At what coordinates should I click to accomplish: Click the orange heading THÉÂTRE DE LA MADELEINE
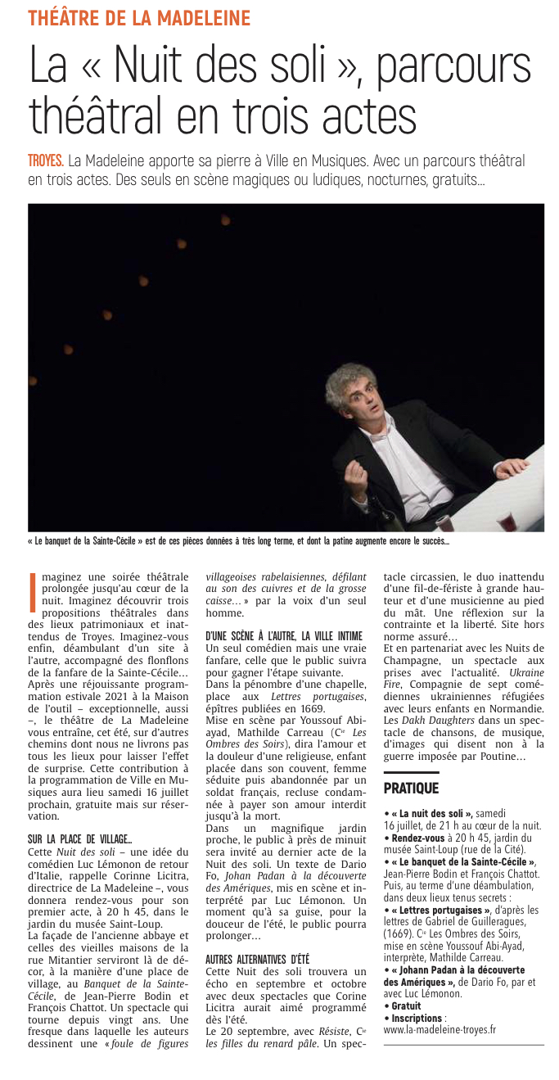[139, 17]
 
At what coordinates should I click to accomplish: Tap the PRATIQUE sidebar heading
[411, 788]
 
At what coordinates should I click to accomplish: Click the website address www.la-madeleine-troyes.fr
[440, 1029]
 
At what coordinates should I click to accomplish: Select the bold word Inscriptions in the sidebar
[416, 1018]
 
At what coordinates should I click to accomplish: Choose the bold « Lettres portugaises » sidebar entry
[438, 910]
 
